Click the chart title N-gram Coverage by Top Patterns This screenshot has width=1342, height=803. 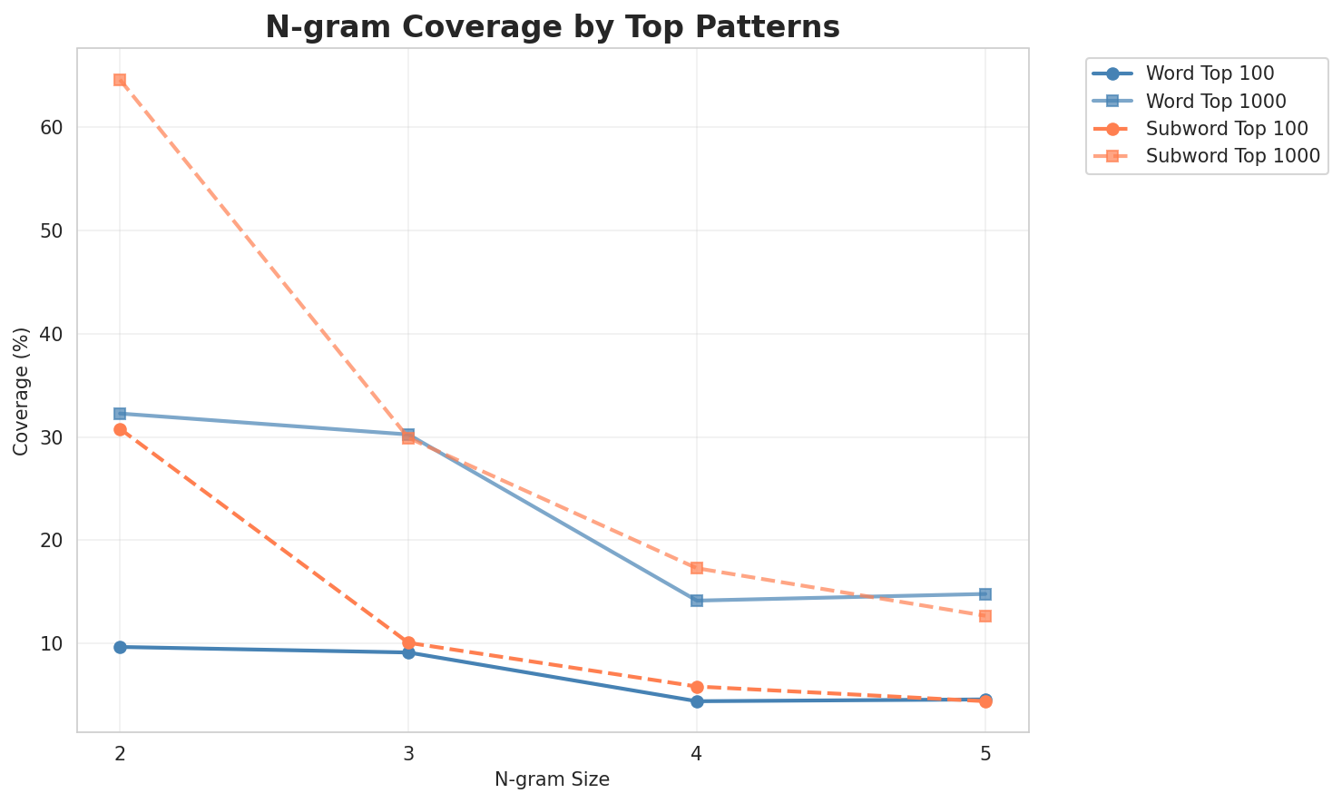coord(552,27)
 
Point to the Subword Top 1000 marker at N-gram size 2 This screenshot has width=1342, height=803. coord(120,80)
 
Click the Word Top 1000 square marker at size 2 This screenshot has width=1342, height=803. coord(120,414)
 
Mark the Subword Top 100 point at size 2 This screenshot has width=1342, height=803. coord(120,429)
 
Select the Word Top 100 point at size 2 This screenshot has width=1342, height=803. coord(120,647)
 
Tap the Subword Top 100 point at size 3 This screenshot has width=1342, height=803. coord(408,642)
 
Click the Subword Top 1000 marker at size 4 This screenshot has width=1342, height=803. coord(697,568)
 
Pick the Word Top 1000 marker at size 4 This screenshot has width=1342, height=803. coord(697,601)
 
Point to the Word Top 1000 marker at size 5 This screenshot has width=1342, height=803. coord(985,594)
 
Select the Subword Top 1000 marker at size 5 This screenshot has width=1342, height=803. coord(985,616)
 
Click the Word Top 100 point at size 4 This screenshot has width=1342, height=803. coord(697,701)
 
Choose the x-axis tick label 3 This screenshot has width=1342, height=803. coord(408,753)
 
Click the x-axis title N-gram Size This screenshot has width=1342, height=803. coord(552,779)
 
